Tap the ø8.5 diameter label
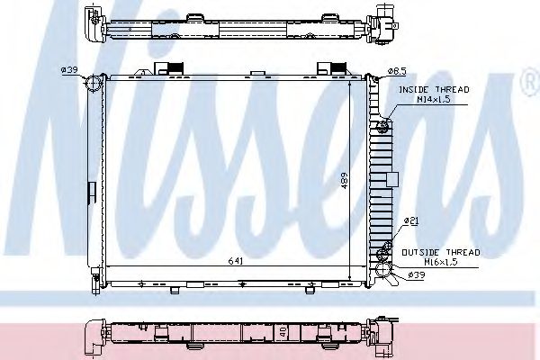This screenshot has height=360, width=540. (399, 70)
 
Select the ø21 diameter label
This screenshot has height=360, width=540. (410, 220)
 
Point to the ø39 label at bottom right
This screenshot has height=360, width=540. (415, 274)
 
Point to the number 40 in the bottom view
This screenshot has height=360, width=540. (282, 332)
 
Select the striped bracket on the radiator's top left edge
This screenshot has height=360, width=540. (171, 67)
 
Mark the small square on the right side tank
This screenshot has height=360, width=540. (391, 178)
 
